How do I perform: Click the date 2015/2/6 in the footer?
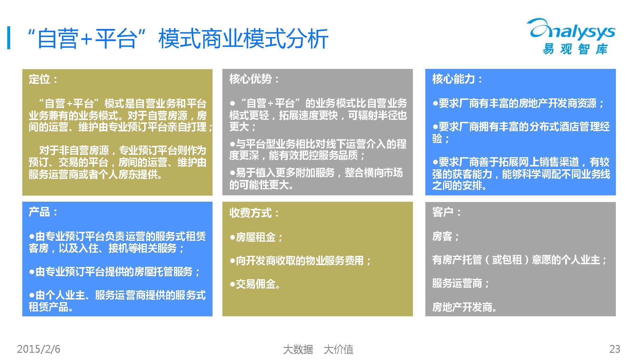39,349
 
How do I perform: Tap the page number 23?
615,349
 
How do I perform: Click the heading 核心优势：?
254,79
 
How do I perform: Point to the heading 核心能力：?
457,79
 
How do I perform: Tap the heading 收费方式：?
254,213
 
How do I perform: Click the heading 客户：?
446,212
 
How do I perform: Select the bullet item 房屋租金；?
256,237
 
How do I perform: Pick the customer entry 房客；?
446,236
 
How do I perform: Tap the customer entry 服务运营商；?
461,283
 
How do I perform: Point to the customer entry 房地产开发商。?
464,307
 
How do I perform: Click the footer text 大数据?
298,349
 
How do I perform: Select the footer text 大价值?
338,349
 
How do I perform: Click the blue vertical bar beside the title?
9,38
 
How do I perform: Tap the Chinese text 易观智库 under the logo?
575,49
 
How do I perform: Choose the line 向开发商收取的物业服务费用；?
300,261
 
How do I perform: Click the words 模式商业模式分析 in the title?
243,38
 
